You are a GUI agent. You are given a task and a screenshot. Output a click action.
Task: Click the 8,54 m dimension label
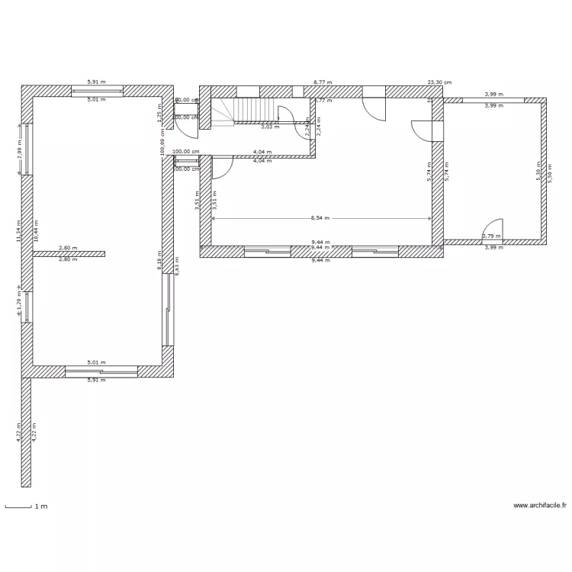point(321,218)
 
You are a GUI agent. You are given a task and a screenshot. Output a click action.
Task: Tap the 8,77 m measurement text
point(323,82)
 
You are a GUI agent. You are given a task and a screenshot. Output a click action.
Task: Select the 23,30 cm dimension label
point(439,82)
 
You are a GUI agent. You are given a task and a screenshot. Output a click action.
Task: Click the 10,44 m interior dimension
point(36,231)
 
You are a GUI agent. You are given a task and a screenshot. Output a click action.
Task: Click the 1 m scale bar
point(18,506)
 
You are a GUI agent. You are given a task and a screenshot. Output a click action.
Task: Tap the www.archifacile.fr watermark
point(540,506)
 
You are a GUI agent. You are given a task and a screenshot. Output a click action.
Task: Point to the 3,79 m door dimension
point(492,236)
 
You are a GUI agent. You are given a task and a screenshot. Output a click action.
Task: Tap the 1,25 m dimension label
point(159,112)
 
